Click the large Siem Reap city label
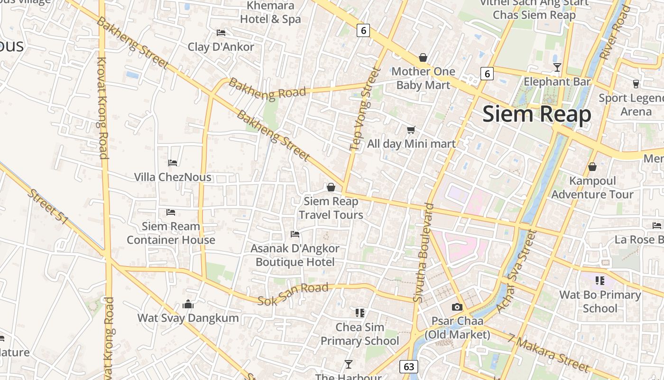(x=537, y=114)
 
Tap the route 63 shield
(x=409, y=367)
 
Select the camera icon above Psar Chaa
(x=457, y=307)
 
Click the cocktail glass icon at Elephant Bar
(x=557, y=67)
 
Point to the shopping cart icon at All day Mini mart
(x=411, y=130)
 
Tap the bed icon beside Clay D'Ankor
(x=221, y=33)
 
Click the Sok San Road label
(x=293, y=294)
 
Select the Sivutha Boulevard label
(x=423, y=253)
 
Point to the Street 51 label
(x=48, y=208)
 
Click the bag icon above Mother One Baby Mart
(x=423, y=57)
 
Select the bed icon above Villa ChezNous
(x=173, y=163)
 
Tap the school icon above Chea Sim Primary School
(x=360, y=313)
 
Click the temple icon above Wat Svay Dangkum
(x=188, y=304)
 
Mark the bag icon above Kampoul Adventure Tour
(x=592, y=167)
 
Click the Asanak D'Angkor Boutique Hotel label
(x=295, y=255)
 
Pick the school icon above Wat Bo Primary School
(x=600, y=280)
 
